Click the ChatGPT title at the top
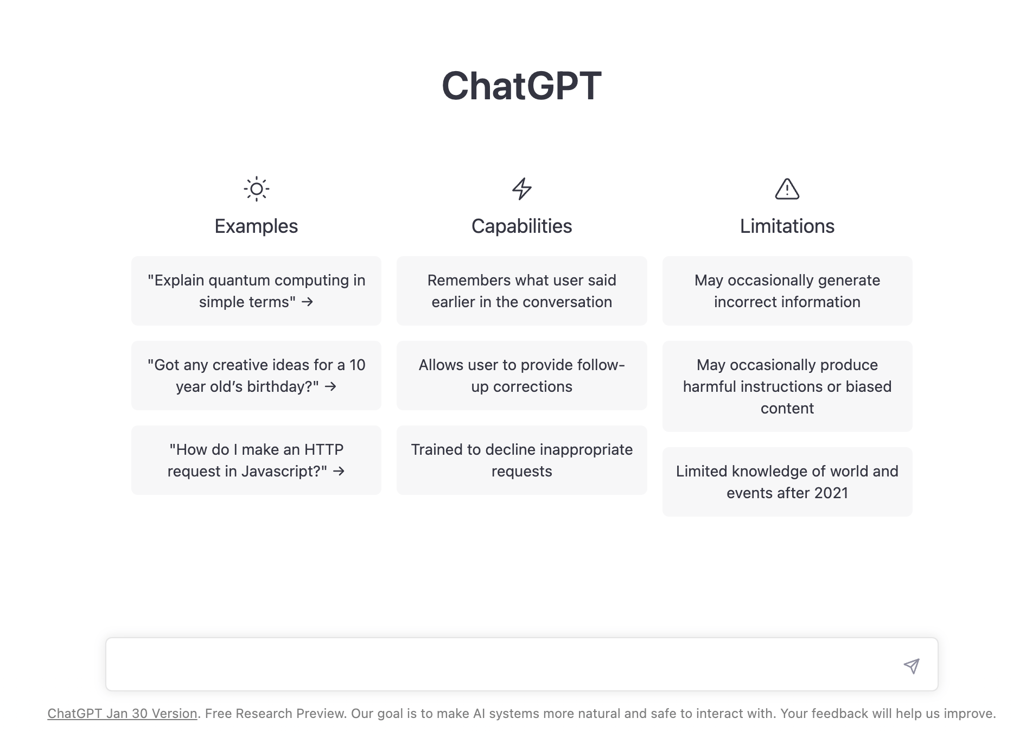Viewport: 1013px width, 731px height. (521, 86)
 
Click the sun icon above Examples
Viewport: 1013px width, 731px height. (257, 189)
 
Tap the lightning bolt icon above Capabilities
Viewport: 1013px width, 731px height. (522, 189)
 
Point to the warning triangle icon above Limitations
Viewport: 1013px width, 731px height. (787, 189)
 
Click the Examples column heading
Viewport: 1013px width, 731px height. (256, 226)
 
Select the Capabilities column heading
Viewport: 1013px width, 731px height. (522, 226)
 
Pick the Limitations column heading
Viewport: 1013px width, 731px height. (787, 226)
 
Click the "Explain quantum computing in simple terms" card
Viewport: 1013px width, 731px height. (256, 291)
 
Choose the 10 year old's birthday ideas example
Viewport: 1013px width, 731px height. (256, 376)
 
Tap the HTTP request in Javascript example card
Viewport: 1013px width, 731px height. (256, 460)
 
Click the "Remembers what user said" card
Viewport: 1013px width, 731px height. (522, 291)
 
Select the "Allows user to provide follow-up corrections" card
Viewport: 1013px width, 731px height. (522, 376)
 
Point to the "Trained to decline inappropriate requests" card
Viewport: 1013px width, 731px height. (522, 460)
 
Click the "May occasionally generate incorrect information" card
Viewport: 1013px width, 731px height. (787, 291)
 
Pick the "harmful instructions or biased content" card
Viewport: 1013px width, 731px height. (787, 386)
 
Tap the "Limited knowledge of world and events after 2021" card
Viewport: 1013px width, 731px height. (787, 482)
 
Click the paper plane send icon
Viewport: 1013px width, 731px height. (912, 666)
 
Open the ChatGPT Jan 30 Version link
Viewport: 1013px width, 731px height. (122, 714)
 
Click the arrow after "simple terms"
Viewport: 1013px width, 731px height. (308, 302)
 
